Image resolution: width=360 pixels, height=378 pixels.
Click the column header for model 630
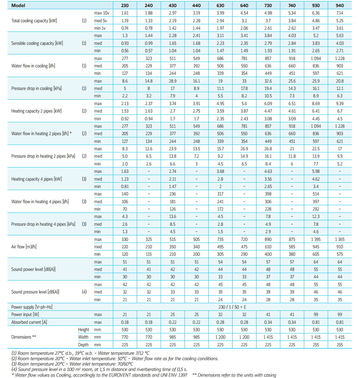[x=220, y=5]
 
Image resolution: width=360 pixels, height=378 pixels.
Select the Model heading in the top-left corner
[x=18, y=5]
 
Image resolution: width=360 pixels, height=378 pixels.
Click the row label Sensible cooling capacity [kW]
[x=37, y=43]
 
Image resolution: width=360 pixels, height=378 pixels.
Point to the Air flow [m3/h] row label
[x=24, y=247]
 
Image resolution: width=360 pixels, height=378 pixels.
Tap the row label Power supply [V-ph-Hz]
[x=32, y=307]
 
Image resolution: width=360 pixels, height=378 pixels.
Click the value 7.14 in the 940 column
[x=340, y=13]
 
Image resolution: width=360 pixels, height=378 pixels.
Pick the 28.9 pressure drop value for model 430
[x=172, y=81]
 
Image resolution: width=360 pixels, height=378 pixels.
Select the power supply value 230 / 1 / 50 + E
[x=232, y=307]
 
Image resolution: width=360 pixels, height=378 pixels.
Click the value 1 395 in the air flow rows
[x=316, y=240]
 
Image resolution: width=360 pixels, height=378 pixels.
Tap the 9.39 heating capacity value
[x=340, y=104]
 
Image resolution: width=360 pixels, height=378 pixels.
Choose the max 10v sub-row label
[x=101, y=13]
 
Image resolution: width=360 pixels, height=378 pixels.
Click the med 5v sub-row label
[x=100, y=21]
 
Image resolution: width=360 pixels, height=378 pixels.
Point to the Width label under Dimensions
[x=83, y=337]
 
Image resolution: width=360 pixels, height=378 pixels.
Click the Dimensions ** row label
[x=24, y=337]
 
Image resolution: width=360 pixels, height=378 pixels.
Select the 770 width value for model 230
[x=125, y=337]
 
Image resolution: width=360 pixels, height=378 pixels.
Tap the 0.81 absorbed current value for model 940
[x=340, y=322]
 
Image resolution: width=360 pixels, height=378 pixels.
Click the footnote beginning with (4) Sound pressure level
[x=99, y=369]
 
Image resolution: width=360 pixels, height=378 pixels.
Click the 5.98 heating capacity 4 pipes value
[x=316, y=171]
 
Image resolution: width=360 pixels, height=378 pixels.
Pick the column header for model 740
[x=292, y=5]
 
